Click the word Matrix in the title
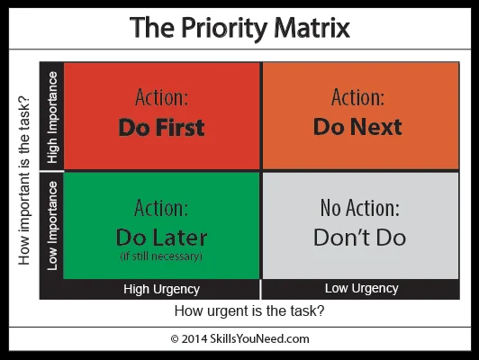312,28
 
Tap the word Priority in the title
224,30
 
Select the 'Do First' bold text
161,127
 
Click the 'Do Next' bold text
357,127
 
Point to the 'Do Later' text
161,238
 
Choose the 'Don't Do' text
360,238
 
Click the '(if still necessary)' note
161,256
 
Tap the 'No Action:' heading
360,208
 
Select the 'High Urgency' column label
161,289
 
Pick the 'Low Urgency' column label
362,288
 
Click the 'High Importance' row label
52,117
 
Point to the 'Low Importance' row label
52,226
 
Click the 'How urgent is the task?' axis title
249,311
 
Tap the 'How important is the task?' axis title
23,181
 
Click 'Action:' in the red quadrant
161,97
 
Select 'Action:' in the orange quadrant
357,97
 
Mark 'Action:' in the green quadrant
161,208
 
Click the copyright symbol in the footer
175,339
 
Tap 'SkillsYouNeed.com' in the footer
259,339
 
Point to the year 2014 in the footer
194,339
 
